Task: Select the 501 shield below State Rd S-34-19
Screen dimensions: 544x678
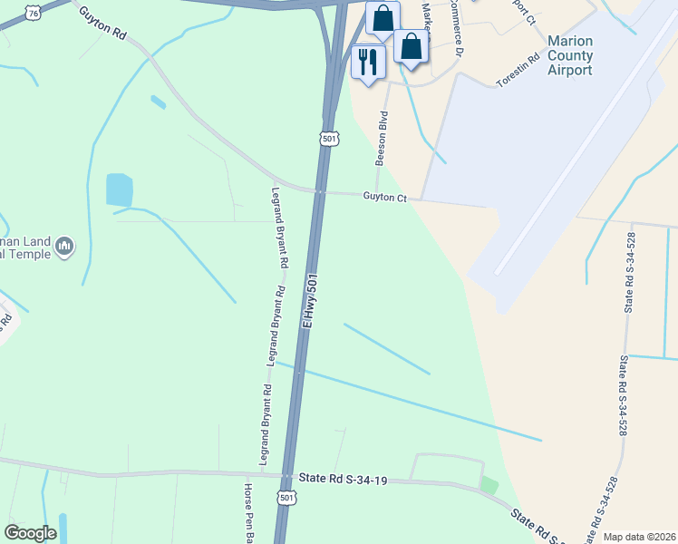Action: (286, 498)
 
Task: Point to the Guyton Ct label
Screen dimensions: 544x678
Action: (387, 196)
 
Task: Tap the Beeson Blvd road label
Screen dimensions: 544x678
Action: (383, 138)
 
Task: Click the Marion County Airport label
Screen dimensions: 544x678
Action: (570, 55)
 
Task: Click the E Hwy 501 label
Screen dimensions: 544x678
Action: (310, 300)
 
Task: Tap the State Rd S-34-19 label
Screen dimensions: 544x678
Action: (343, 479)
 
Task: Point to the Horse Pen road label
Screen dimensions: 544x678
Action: (247, 512)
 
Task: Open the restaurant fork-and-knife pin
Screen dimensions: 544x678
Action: (368, 61)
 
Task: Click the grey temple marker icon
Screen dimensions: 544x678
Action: (64, 246)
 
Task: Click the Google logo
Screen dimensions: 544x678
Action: (30, 533)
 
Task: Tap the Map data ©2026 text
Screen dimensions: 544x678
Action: (639, 537)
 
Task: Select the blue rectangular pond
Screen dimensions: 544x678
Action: (120, 189)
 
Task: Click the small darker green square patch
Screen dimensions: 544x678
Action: (489, 485)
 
